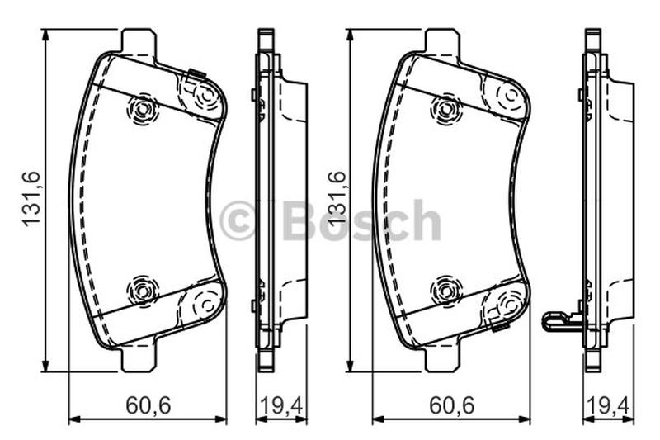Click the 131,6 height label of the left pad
coord(31,198)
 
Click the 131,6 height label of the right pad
coord(336,198)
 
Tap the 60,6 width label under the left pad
coord(148,405)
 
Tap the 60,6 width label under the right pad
coord(451,405)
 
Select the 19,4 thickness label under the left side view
coord(281,405)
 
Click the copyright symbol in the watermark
coord(238,220)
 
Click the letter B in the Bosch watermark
coord(300,220)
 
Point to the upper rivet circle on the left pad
coord(142,110)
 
